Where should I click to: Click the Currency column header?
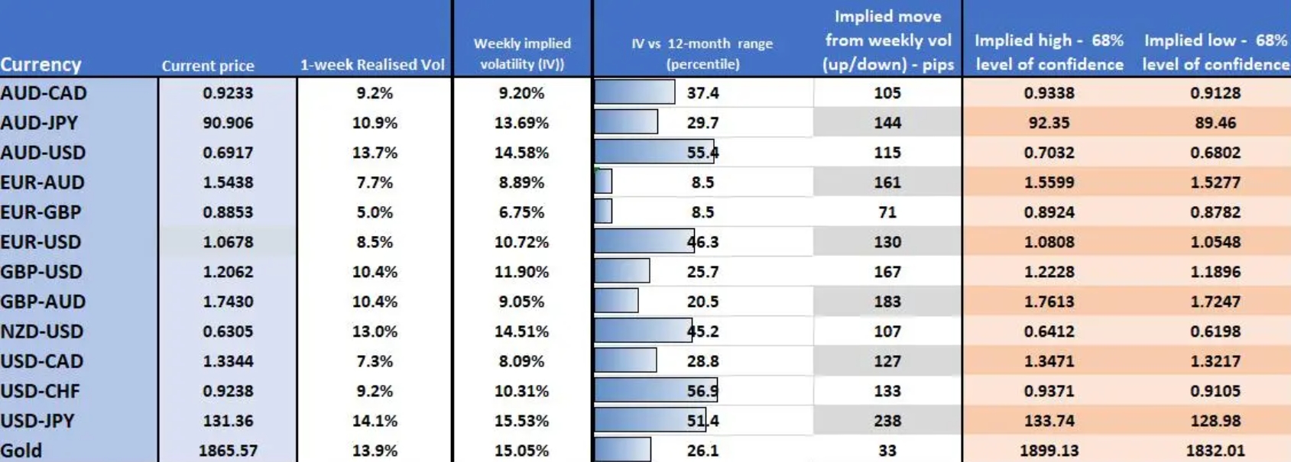(x=41, y=64)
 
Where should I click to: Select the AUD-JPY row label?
(x=39, y=122)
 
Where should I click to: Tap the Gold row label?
(x=21, y=450)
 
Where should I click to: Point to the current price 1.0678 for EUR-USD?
(x=228, y=242)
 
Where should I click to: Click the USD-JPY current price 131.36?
(x=228, y=421)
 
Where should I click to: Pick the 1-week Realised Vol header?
(x=372, y=65)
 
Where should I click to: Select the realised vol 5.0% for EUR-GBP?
(x=375, y=212)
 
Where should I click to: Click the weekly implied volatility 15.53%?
(x=521, y=421)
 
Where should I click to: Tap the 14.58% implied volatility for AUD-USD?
(x=521, y=153)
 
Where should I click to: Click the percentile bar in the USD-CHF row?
(x=655, y=391)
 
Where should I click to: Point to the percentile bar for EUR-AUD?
(x=603, y=182)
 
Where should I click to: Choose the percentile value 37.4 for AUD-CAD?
(x=702, y=93)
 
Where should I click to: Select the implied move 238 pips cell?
(x=887, y=421)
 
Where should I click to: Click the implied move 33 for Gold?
(x=887, y=451)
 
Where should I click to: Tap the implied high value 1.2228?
(x=1049, y=272)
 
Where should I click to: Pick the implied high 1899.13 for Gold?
(x=1049, y=451)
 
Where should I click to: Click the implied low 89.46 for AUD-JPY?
(x=1215, y=123)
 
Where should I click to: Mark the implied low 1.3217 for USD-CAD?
(x=1215, y=361)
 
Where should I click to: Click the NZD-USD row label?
(x=42, y=331)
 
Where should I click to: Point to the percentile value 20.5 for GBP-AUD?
(x=702, y=302)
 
